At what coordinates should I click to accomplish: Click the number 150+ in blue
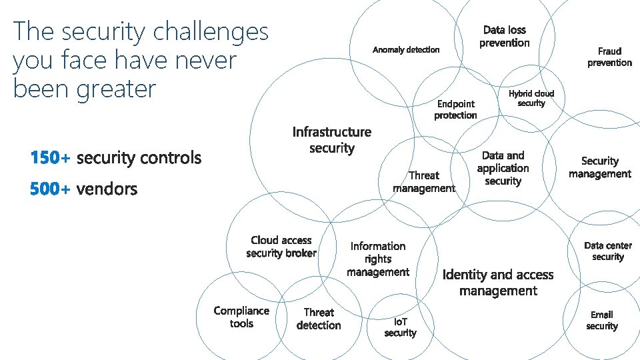coord(50,158)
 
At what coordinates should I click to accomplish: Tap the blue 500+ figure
coord(50,189)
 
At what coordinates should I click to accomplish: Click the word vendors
coord(107,189)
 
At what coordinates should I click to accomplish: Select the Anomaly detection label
coord(406,49)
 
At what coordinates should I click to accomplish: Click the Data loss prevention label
coord(504,37)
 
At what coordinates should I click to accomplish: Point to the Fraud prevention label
coord(609,57)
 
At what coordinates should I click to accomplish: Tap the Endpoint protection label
coord(455,109)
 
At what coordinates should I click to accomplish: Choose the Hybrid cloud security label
coord(531,98)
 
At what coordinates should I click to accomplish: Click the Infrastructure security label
coord(332,140)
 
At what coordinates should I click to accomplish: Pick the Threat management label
coord(424,181)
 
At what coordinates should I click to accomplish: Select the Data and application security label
coord(503,168)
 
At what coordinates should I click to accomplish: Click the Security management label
coord(599,167)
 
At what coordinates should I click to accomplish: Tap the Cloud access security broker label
coord(281,247)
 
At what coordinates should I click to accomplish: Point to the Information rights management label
coord(378,259)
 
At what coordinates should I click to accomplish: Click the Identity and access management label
coord(498,283)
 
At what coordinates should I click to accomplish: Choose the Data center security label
coord(608,251)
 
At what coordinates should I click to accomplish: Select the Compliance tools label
coord(241,317)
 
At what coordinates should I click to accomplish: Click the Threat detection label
coord(319,319)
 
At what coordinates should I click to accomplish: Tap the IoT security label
coord(400,327)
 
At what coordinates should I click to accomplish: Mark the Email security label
coord(601,320)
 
